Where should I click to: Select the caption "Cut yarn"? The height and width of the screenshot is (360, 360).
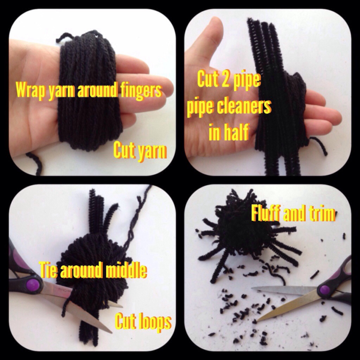140,150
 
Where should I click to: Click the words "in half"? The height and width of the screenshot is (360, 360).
229,132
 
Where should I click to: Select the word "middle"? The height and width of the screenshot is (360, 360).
126,270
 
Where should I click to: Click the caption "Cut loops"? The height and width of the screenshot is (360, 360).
143,321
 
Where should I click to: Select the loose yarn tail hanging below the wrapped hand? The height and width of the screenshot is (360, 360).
36,163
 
